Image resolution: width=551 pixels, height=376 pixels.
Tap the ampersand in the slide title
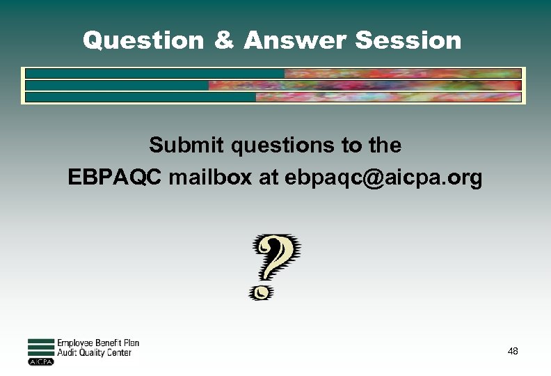tap(224, 40)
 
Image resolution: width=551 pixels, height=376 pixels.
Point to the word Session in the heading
tap(408, 40)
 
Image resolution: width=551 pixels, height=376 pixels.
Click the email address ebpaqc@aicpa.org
tap(383, 179)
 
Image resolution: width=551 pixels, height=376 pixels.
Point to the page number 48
tap(513, 351)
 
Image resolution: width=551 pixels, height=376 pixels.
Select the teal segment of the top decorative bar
tap(154, 73)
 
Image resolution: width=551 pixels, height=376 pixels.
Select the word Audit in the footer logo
tap(67, 353)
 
